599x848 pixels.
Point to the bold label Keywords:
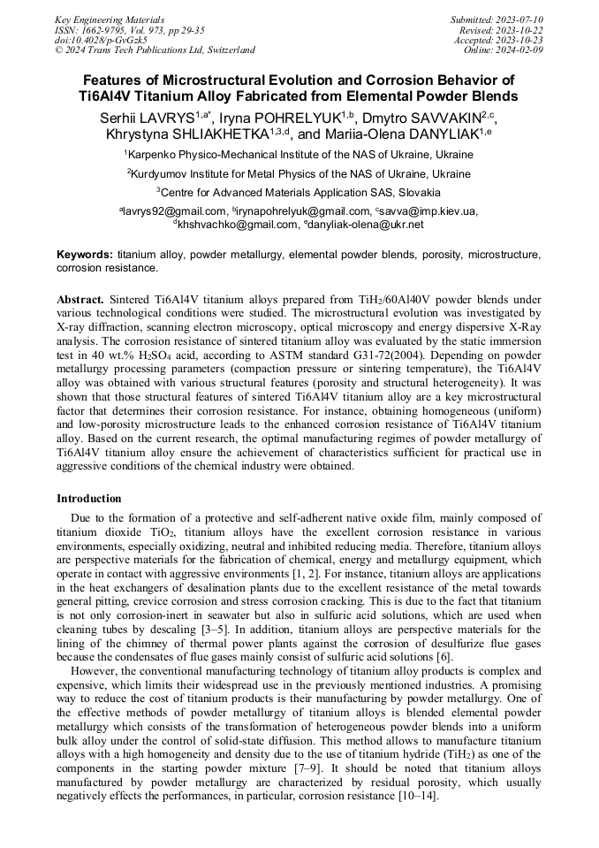[85, 255]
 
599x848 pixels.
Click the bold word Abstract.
[80, 300]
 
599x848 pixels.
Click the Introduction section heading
[89, 499]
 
